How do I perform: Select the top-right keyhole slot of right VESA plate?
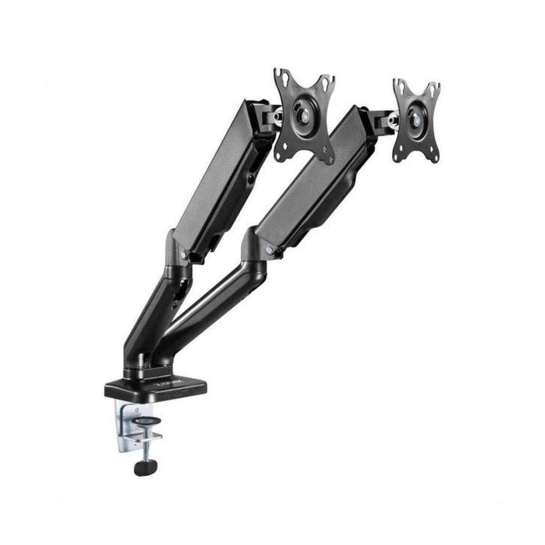434,89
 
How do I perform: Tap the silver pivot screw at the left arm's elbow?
184,255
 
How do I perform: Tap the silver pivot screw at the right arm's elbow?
269,251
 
